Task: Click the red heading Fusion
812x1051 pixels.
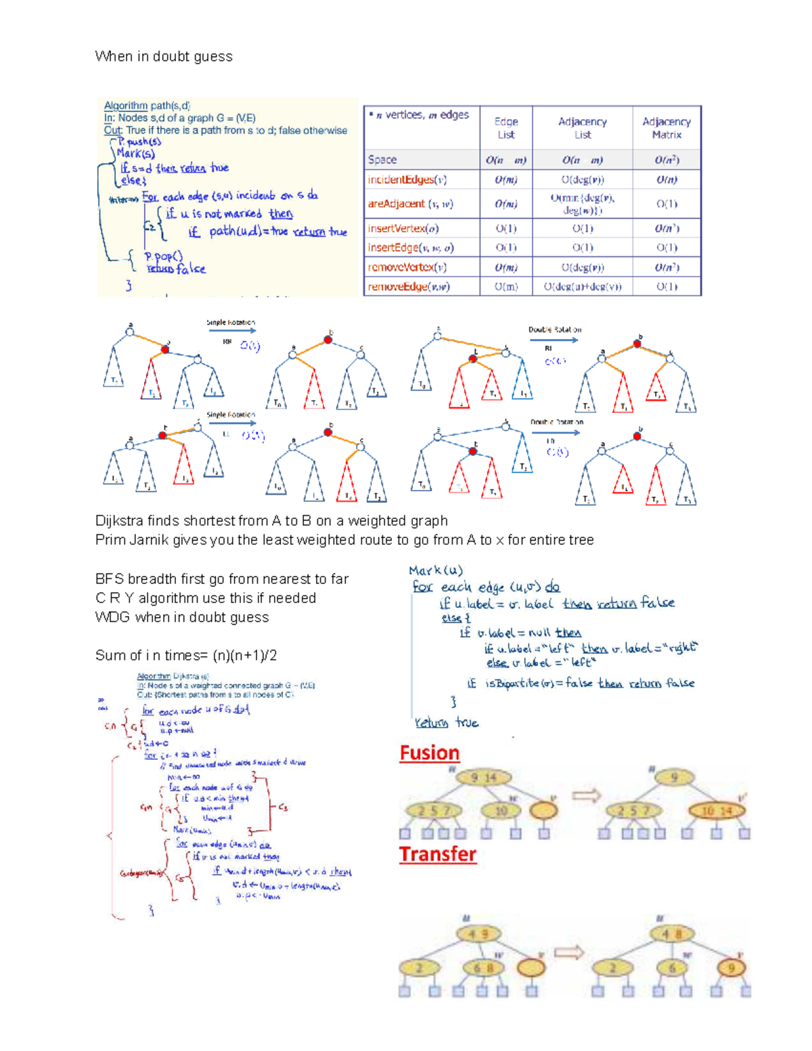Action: (x=429, y=753)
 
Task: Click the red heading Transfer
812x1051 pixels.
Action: (x=437, y=854)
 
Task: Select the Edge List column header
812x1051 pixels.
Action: (x=505, y=128)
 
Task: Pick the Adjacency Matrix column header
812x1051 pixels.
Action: (x=666, y=128)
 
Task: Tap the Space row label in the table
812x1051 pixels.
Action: (x=382, y=160)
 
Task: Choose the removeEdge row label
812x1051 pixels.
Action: (x=409, y=287)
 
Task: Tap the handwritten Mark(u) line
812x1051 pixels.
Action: (x=436, y=571)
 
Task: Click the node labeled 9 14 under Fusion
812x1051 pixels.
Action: (x=484, y=778)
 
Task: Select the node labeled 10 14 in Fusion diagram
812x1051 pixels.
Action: (x=717, y=810)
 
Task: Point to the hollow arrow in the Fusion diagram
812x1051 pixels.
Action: (x=587, y=796)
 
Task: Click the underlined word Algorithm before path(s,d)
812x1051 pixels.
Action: (x=125, y=106)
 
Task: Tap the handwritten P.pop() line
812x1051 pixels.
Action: (x=163, y=256)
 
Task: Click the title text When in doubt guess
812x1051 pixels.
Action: (x=164, y=57)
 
